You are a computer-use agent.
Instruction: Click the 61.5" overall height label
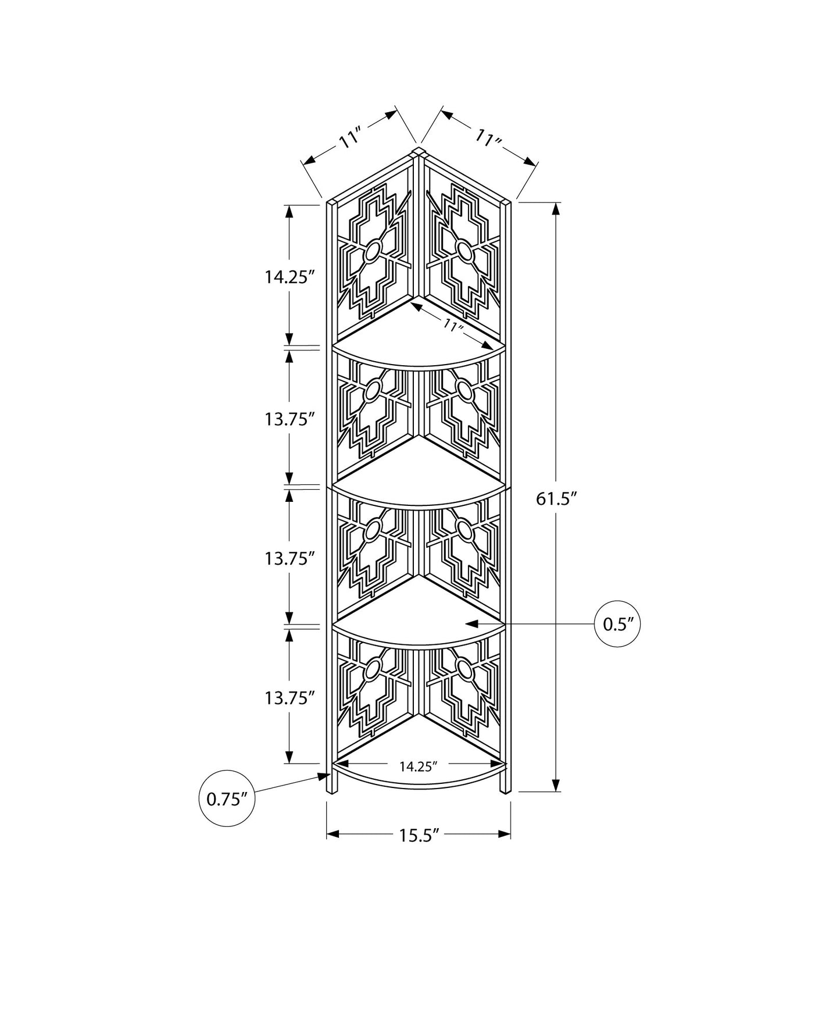point(556,499)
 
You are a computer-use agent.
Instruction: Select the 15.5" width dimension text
point(418,835)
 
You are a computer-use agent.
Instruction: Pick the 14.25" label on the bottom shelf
point(418,766)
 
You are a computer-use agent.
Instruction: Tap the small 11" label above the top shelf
point(452,326)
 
